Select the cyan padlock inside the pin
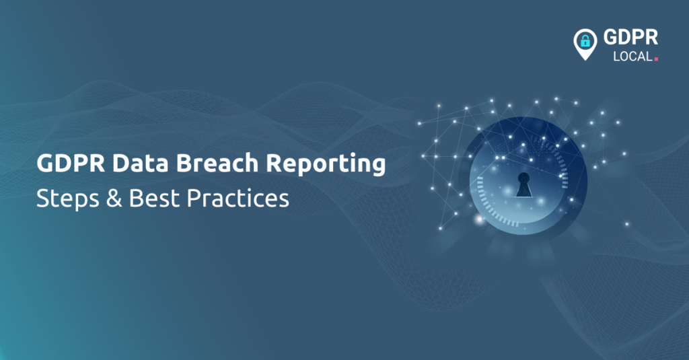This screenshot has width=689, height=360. [585, 41]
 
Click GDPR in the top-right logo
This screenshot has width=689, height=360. [632, 38]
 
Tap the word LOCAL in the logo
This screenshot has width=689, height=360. [632, 57]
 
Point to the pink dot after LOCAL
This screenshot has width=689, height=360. [656, 59]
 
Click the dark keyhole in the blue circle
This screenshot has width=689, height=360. [523, 184]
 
